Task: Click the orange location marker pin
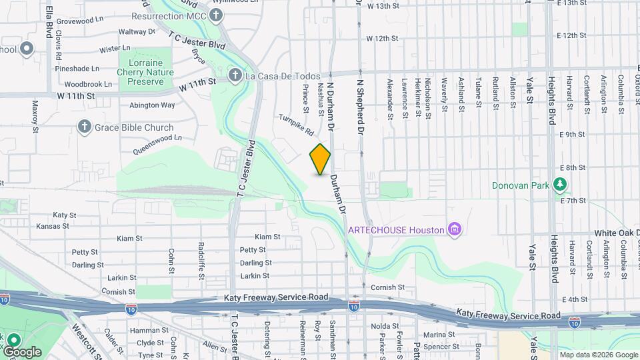(321, 159)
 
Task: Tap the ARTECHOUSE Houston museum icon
(456, 230)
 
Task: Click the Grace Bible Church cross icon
(84, 127)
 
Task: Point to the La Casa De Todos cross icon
(235, 76)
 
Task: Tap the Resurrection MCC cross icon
(216, 15)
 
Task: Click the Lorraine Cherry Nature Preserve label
(145, 72)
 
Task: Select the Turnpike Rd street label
(296, 123)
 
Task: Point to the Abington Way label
(152, 105)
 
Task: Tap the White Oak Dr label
(617, 233)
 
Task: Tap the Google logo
(22, 351)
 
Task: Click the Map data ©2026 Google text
(598, 355)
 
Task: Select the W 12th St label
(382, 39)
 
